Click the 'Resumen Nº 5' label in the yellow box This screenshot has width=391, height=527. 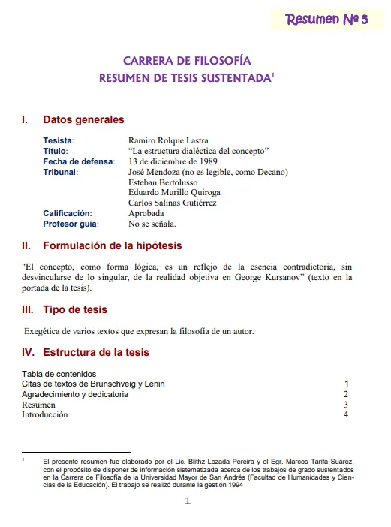[x=326, y=20]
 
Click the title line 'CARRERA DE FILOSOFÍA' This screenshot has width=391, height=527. [x=187, y=62]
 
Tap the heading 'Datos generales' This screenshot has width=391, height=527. [x=83, y=119]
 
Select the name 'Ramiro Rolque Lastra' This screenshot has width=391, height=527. [x=169, y=140]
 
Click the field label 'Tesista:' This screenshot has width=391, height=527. [x=59, y=140]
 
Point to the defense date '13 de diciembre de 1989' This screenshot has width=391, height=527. [x=173, y=161]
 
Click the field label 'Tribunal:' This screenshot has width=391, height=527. [x=60, y=172]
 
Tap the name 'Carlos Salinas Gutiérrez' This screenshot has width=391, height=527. [x=173, y=203]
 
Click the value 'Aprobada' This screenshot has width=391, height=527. [x=146, y=213]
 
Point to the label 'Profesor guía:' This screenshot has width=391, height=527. [x=71, y=224]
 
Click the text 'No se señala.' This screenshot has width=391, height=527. [x=152, y=224]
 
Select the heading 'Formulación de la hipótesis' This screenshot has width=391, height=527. [x=112, y=245]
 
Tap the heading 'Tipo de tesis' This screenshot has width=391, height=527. [x=75, y=309]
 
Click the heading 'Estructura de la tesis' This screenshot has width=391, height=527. [x=96, y=352]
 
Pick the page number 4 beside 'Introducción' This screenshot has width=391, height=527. [x=346, y=414]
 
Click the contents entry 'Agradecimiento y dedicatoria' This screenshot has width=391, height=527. [x=75, y=394]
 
